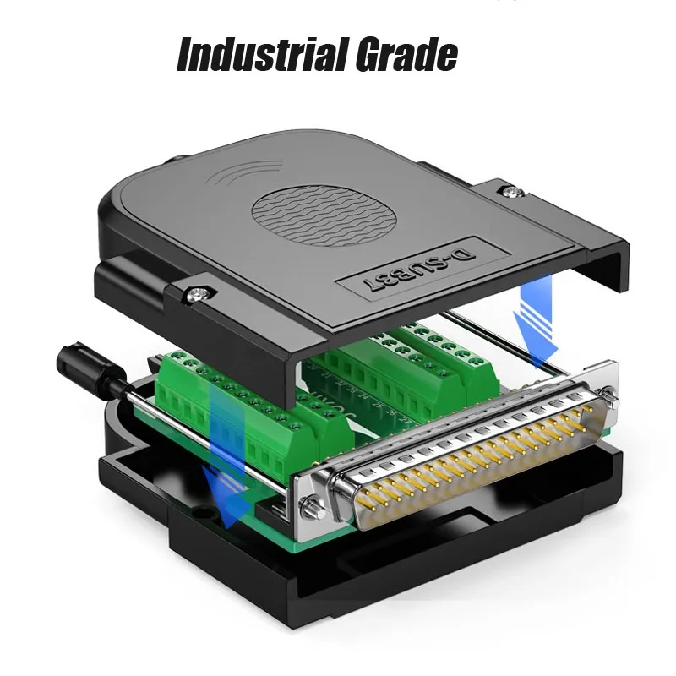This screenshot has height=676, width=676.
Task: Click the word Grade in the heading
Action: pyautogui.click(x=407, y=55)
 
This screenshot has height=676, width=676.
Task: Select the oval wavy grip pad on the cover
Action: pyautogui.click(x=324, y=216)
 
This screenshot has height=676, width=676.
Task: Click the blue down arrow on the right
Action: pyautogui.click(x=536, y=322)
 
